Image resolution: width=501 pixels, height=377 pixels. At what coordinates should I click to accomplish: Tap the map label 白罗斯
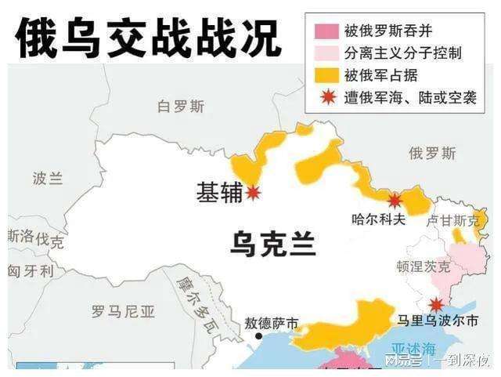180,107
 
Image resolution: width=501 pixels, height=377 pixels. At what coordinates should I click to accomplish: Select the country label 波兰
48,178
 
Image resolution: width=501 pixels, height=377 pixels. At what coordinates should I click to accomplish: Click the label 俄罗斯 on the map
432,153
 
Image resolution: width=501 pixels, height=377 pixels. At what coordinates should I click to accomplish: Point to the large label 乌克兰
273,244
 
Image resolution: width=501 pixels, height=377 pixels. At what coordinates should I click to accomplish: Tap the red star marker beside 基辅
253,193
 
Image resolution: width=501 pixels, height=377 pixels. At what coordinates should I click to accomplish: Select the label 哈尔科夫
379,220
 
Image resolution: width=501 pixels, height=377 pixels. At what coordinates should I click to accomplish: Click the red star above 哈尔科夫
395,200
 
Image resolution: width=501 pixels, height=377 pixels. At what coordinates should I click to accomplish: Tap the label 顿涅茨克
424,266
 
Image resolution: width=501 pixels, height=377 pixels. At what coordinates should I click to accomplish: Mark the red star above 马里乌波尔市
435,303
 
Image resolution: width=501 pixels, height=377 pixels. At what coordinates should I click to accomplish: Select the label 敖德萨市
272,322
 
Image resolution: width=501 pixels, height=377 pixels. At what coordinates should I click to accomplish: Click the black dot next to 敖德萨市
258,336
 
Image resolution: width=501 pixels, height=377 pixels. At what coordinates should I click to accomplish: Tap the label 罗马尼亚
123,312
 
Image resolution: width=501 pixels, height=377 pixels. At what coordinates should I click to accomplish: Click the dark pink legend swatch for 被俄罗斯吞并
326,32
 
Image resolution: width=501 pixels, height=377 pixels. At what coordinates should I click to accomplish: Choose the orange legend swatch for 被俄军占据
326,76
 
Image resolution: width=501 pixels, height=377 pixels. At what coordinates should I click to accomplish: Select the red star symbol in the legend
326,98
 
